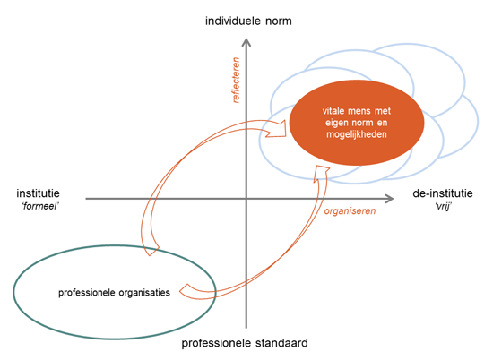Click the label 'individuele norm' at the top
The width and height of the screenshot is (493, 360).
tap(248, 21)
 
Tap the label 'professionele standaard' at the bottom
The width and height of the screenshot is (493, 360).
tap(245, 343)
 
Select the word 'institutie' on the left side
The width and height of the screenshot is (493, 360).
tap(38, 193)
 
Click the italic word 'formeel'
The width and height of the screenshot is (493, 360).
tap(40, 206)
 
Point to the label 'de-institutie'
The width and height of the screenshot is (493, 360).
tap(443, 193)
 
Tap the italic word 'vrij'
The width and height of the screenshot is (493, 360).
tap(444, 207)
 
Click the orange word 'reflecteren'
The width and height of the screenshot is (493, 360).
tap(236, 80)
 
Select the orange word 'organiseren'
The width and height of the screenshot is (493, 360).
tap(350, 210)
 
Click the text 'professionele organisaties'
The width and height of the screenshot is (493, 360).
tap(114, 293)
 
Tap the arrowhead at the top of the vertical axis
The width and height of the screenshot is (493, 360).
tap(246, 42)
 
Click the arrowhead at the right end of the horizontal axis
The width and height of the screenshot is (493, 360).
tap(390, 199)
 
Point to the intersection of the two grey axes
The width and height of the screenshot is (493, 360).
tap(246, 199)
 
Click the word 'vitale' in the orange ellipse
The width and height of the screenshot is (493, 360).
tap(333, 111)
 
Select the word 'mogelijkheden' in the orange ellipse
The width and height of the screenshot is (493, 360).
tap(357, 134)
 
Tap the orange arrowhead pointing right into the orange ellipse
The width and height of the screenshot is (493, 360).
tap(277, 128)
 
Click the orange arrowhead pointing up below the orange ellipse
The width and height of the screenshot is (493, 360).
tap(321, 173)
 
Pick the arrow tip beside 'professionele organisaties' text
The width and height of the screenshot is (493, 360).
tap(180, 291)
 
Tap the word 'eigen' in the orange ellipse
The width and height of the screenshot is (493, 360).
tap(336, 123)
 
